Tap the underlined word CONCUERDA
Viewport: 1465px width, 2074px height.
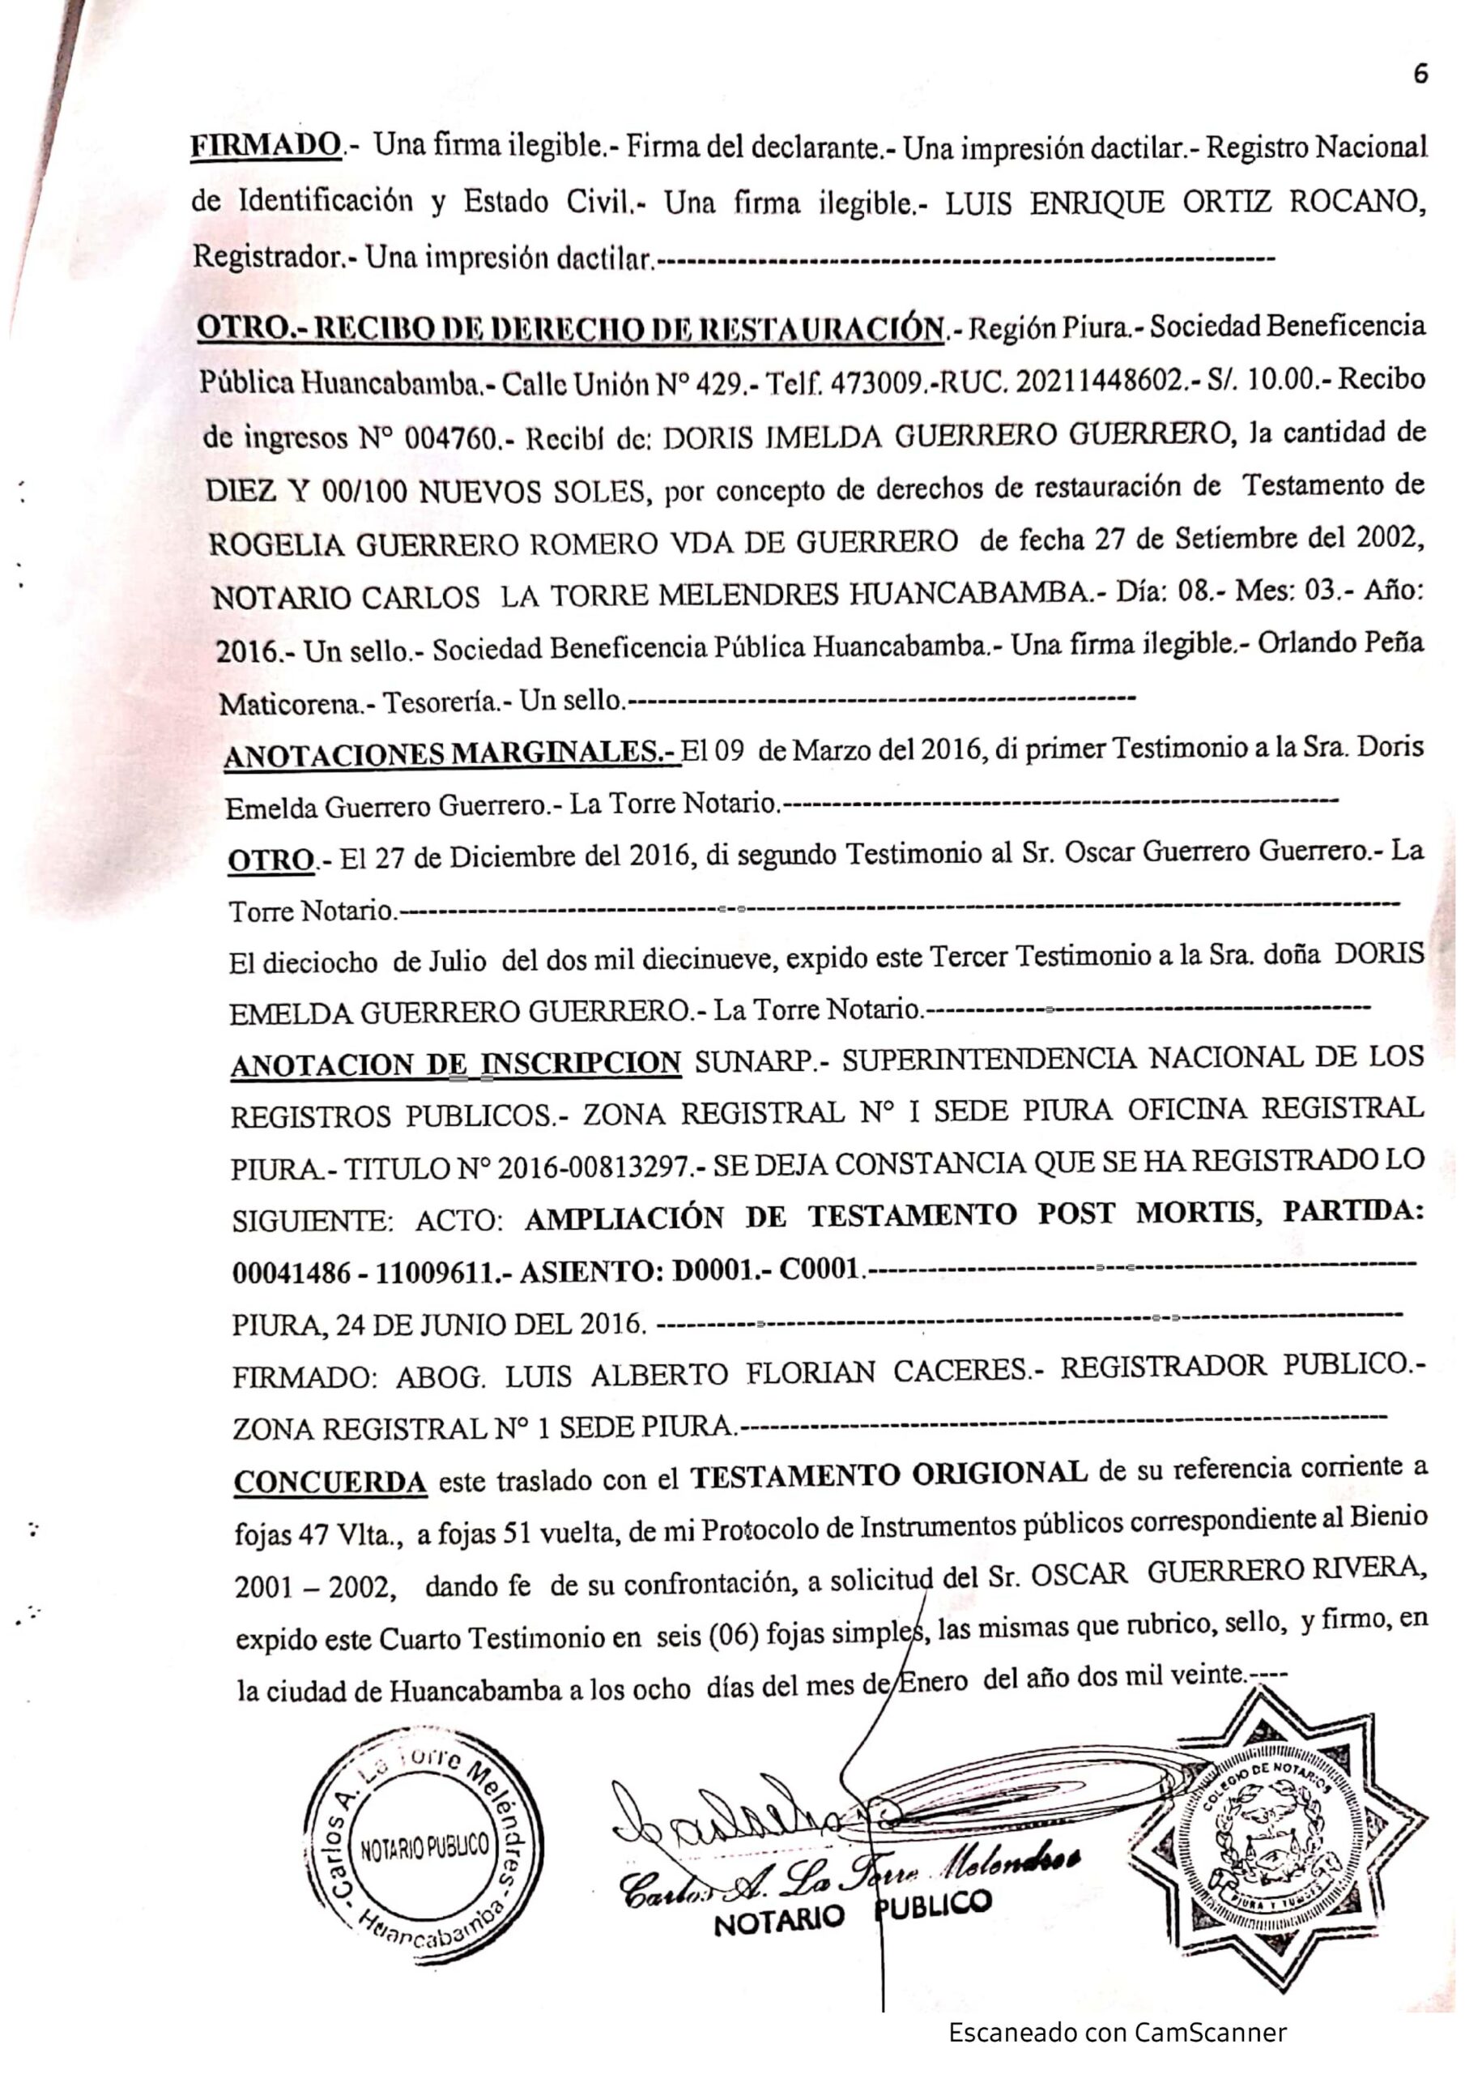330,1483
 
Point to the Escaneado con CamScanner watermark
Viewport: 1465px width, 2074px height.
1116,2033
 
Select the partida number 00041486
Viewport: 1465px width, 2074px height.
291,1274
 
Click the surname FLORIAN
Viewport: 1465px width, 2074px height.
811,1374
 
